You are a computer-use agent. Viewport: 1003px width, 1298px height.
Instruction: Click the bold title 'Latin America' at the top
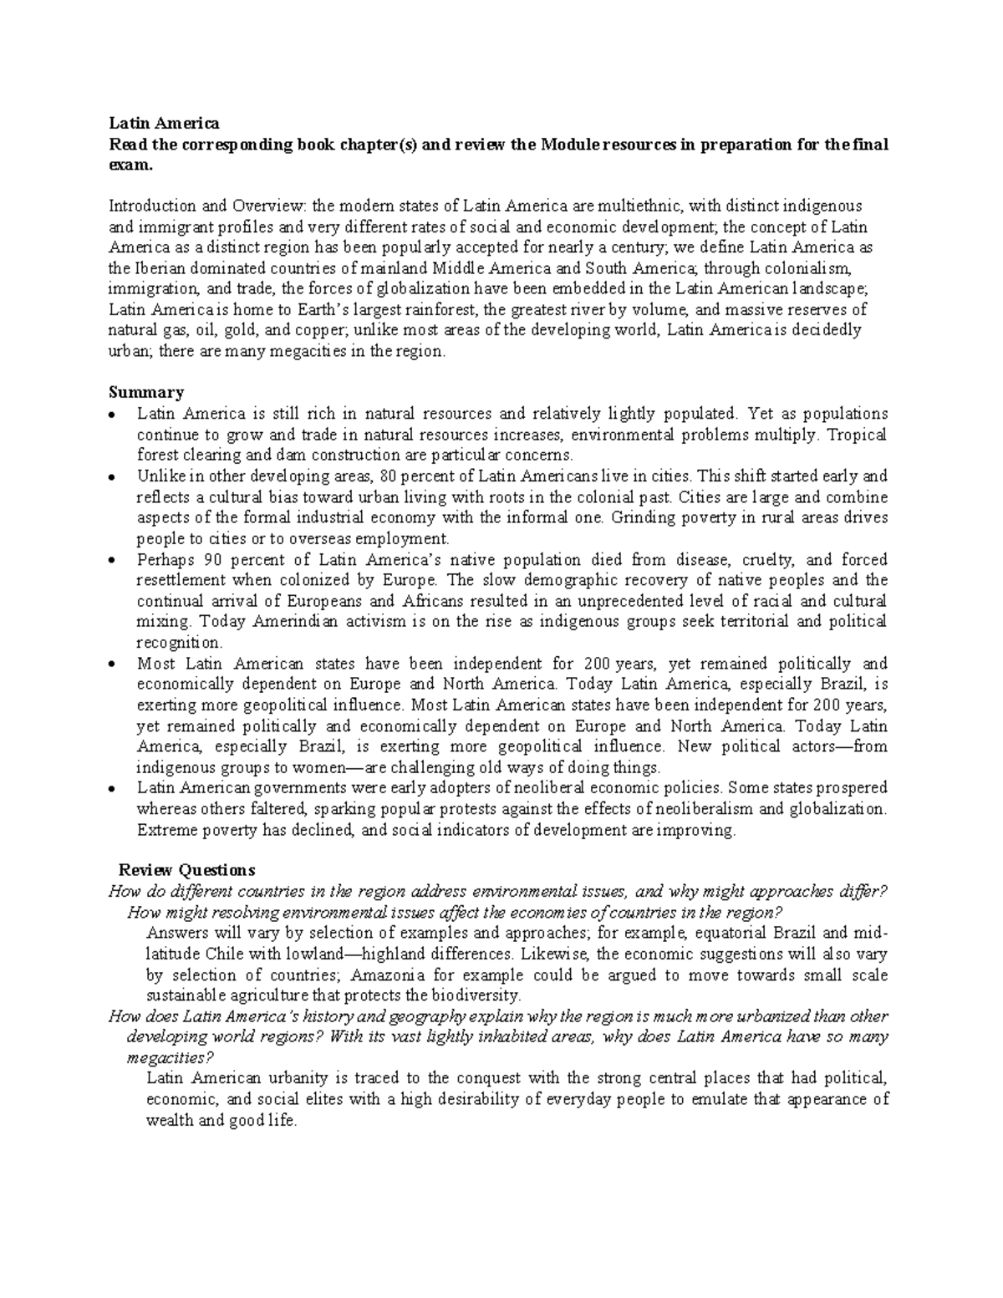[x=164, y=124]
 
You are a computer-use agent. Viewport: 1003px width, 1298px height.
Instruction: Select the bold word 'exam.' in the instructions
[x=131, y=165]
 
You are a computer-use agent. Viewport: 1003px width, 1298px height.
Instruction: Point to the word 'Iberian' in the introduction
[x=156, y=268]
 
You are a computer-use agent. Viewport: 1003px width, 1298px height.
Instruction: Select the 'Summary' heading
[x=146, y=392]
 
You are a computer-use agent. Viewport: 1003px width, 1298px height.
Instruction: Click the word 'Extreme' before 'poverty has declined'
[x=163, y=830]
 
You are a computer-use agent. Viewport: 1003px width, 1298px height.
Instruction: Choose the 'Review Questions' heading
[x=186, y=869]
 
